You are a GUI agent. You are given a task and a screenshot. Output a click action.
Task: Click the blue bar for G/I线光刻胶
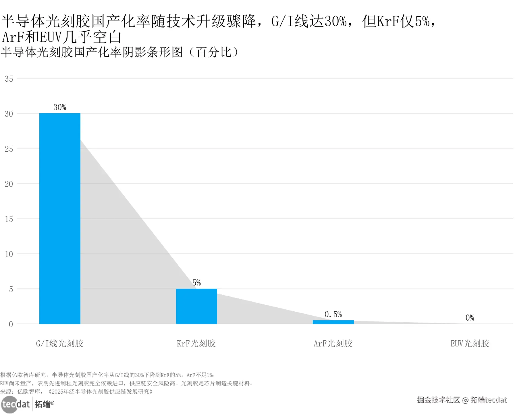[60, 218]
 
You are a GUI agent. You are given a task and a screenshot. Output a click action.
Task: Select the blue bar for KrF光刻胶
[196, 306]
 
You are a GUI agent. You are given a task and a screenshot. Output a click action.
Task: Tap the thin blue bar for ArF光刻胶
[333, 322]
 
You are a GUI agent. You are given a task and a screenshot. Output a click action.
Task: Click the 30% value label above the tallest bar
[60, 107]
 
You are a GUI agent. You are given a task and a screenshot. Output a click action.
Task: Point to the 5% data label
[196, 283]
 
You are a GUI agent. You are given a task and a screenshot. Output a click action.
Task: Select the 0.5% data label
[333, 314]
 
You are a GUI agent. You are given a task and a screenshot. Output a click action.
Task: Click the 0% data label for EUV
[470, 318]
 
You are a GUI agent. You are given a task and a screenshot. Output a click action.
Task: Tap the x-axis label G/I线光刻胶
[59, 343]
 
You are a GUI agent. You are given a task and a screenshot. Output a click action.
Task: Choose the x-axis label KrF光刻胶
[196, 343]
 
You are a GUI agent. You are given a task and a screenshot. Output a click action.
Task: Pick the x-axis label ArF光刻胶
[333, 343]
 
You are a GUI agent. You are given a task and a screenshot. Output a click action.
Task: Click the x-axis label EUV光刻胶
[470, 343]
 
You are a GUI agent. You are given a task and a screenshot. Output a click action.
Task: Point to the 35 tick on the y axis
[9, 79]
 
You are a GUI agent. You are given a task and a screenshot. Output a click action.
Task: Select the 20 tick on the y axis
[9, 184]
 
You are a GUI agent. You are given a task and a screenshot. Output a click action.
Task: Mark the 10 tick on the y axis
[9, 254]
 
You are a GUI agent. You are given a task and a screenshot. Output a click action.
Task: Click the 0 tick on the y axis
[11, 324]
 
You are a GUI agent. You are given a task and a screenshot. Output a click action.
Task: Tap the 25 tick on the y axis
[9, 149]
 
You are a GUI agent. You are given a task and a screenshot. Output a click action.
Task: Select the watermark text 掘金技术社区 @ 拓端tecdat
[462, 400]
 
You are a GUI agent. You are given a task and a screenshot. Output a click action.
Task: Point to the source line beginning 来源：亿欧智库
[76, 392]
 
